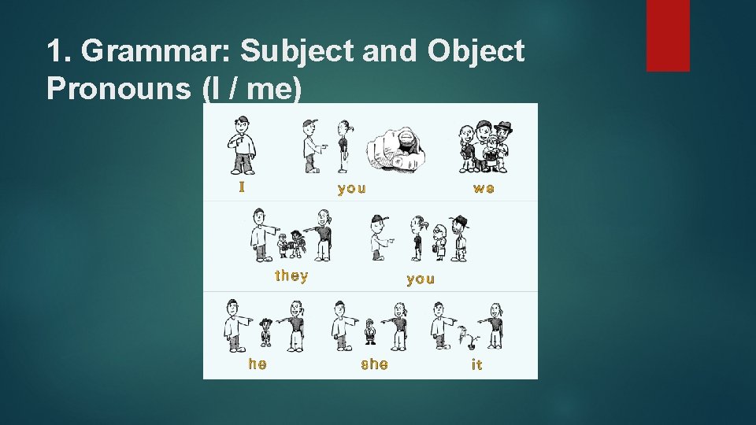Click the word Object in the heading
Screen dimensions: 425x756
(x=476, y=52)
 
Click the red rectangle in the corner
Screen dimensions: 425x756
(x=668, y=35)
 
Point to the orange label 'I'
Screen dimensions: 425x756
(x=243, y=187)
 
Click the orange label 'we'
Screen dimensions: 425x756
(x=484, y=189)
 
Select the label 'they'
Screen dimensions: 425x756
(x=291, y=276)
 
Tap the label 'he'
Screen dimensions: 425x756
(x=258, y=364)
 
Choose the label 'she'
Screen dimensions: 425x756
(x=374, y=364)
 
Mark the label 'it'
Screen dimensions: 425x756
(x=476, y=364)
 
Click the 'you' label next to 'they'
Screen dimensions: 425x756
(x=421, y=279)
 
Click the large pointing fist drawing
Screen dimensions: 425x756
(x=399, y=149)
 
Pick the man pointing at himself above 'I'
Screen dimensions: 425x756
(x=243, y=145)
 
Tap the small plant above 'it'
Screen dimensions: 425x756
(x=471, y=338)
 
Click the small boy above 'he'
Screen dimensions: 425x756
(x=266, y=331)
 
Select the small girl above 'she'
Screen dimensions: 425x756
(x=371, y=332)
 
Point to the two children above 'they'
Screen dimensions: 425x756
(x=291, y=244)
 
